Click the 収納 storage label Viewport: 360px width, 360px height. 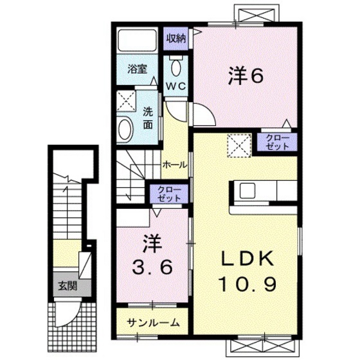point(177,39)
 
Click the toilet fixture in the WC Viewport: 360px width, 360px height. point(176,67)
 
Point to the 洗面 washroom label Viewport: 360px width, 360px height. point(148,118)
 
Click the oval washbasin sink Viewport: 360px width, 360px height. point(125,129)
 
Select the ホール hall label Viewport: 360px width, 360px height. point(174,165)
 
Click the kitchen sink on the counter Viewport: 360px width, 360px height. point(248,191)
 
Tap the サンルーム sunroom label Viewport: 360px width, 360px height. point(152,322)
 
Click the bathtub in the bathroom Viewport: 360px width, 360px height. point(137,42)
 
